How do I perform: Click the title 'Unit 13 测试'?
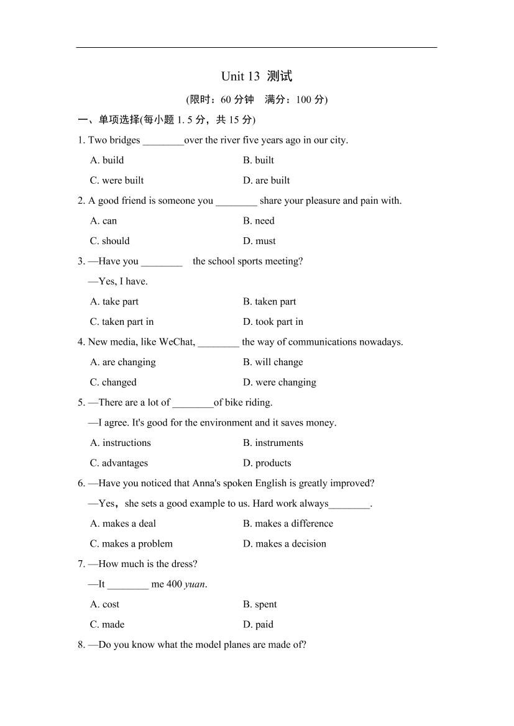point(256,76)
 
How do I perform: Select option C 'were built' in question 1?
point(117,180)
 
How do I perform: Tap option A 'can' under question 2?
point(103,220)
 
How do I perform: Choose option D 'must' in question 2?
point(259,241)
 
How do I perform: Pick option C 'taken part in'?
point(122,322)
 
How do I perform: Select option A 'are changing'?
point(123,362)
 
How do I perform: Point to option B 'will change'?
point(273,362)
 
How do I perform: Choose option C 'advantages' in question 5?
point(119,463)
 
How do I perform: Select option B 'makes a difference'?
point(288,524)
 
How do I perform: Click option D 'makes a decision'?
point(284,543)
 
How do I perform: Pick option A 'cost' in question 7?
point(104,604)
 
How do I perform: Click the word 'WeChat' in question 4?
point(177,342)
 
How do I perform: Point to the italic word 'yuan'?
point(195,584)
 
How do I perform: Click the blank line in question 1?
point(163,141)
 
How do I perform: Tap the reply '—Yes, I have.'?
point(118,281)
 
